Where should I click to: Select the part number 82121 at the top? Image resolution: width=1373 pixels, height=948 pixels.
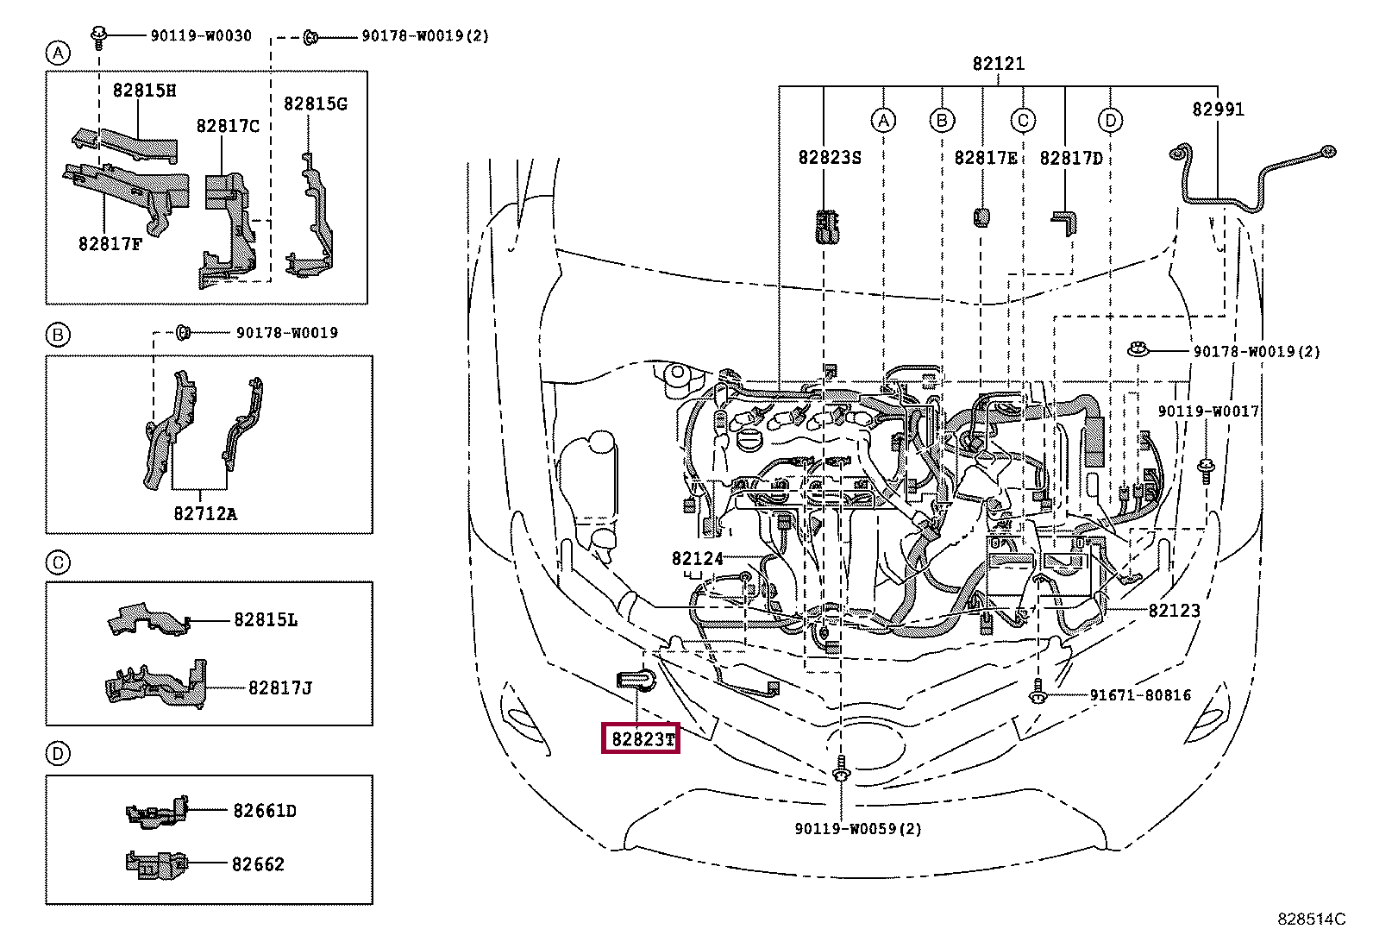coord(998,64)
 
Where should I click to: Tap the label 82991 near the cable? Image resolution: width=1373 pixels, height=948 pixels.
coord(1218,110)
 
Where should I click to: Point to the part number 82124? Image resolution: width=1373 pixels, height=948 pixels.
coord(697,558)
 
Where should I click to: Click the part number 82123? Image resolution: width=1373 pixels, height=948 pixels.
coord(1174,611)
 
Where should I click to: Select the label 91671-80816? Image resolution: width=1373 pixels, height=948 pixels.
coord(1139,695)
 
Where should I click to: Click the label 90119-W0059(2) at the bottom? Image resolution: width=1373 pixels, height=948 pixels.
coord(857,829)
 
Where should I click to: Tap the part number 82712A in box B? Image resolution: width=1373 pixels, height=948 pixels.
coord(204,514)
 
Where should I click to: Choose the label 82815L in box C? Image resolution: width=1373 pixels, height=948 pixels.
coord(265,620)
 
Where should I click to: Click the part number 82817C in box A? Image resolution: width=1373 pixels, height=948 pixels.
coord(228,126)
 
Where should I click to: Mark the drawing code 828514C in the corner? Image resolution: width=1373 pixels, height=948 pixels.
coord(1310,920)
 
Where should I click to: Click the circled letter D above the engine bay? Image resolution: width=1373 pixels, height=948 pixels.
coord(1110,121)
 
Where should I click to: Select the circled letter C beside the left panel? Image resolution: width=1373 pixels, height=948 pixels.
coord(58,563)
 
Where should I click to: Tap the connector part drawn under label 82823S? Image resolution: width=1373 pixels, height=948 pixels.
coord(827,226)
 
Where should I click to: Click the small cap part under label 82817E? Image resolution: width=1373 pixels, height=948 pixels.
coord(981,216)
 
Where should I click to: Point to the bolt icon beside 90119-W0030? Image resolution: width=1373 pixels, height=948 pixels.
coord(99,36)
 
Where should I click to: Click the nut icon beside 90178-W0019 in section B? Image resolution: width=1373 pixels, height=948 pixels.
coord(183,332)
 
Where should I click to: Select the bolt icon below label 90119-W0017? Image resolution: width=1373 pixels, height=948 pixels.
coord(1206,471)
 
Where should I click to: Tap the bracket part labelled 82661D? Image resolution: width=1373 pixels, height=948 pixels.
coord(157,813)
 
